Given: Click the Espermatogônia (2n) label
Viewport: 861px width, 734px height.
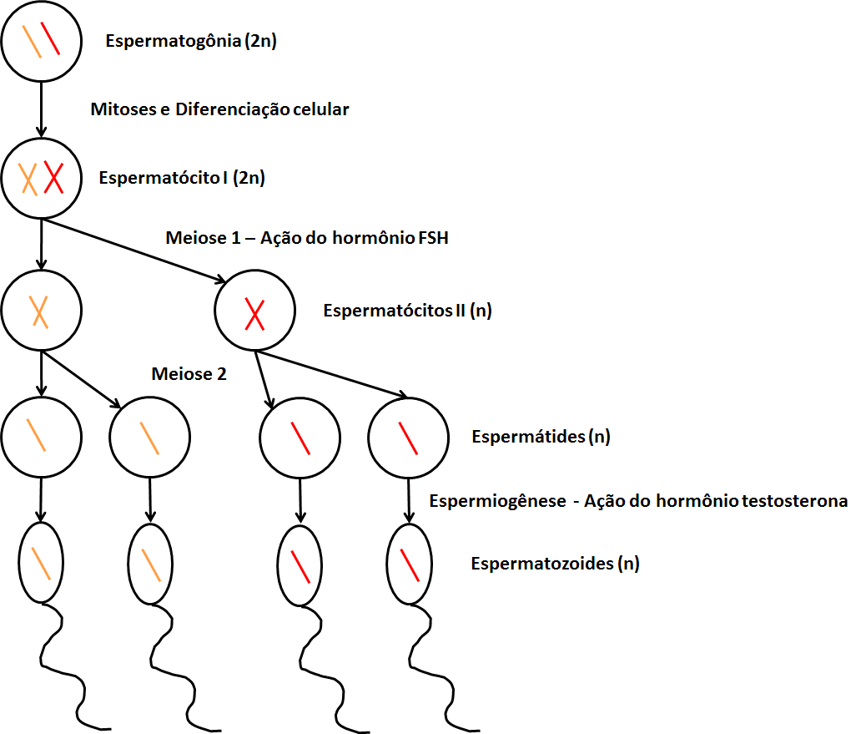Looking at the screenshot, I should coord(191,40).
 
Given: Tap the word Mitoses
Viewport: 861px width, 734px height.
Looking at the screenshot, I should coord(123,109).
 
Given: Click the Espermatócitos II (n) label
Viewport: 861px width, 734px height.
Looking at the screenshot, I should coord(407,311).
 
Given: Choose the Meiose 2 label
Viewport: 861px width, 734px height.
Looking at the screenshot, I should coord(189,374).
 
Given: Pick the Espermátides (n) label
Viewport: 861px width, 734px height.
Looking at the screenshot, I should coord(541,437).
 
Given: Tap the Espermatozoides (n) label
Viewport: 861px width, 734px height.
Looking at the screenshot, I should coord(555,564).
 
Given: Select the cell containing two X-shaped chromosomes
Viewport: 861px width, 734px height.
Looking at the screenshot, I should coord(42,178).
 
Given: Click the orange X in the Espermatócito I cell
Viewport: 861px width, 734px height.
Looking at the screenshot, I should coord(29,178).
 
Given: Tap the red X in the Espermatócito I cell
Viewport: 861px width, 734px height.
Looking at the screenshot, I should coord(54,178).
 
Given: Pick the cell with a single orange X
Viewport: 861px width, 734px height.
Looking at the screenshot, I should coord(42,311).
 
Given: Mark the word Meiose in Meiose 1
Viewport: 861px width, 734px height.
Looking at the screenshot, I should coord(191,240).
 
